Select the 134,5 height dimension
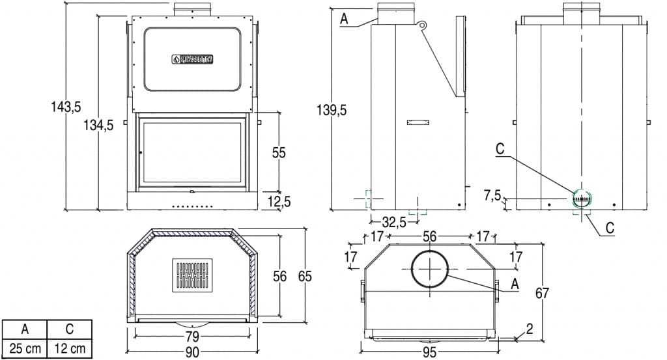98,126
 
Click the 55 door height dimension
279,152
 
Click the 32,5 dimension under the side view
393,222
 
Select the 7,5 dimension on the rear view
492,195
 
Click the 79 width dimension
192,337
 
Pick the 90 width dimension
192,352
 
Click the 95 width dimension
429,353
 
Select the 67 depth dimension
542,293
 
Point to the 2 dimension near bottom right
530,329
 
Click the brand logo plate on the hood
192,59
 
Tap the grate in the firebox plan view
192,275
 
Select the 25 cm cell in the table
25,348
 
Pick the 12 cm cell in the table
70,348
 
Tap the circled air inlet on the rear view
581,198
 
